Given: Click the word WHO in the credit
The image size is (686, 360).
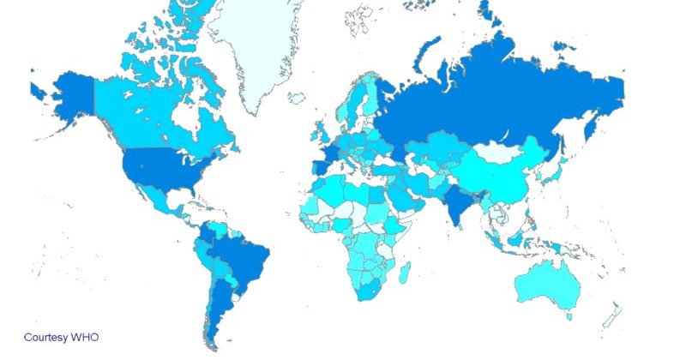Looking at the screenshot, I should point(85,338).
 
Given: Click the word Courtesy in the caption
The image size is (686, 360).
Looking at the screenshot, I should point(45,338).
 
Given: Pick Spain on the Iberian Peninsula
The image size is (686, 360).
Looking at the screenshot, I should point(321,164).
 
